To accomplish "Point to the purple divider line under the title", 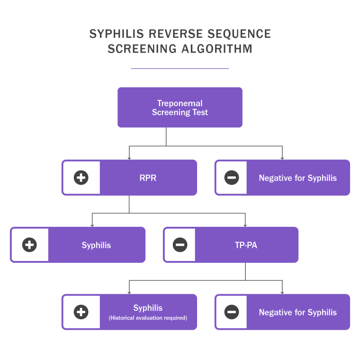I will (x=180, y=68).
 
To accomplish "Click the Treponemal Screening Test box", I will (x=180, y=108).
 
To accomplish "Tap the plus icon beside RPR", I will (x=81, y=178).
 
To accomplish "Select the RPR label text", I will (x=148, y=178).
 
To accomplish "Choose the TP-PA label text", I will (x=246, y=245).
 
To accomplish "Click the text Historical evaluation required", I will (x=148, y=318).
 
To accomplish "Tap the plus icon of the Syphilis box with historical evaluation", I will (x=81, y=312).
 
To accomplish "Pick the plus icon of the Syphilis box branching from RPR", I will (x=29, y=245).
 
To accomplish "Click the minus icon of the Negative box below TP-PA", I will (x=232, y=312).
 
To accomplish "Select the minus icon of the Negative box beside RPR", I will (x=232, y=178).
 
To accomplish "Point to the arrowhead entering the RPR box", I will (x=129, y=158).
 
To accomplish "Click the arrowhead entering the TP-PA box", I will (x=245, y=225).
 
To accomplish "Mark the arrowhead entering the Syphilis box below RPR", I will (x=92, y=225).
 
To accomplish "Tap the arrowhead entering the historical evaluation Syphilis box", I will (x=129, y=292).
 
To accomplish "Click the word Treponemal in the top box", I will (x=180, y=103).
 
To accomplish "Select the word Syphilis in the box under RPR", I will (x=96, y=245).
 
